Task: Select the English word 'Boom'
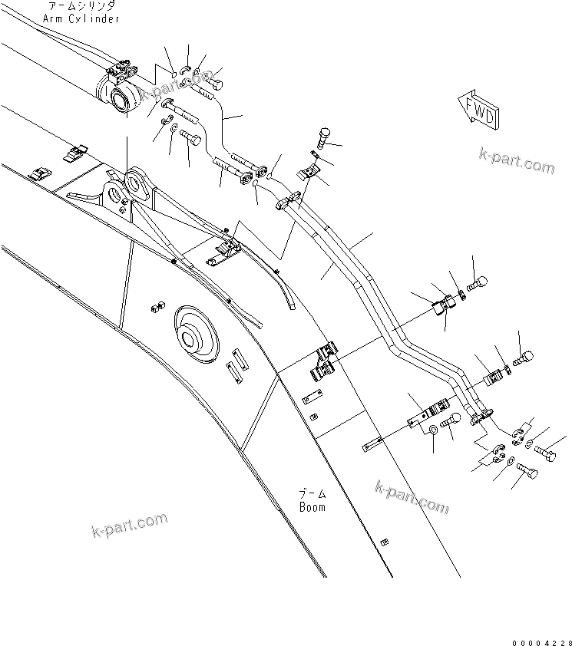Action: pos(312,507)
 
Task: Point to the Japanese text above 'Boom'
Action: pos(312,495)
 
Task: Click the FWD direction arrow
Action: pos(478,110)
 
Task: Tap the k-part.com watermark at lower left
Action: pos(129,526)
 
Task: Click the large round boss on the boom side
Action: pos(193,335)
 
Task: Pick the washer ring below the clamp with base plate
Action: pos(435,430)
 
